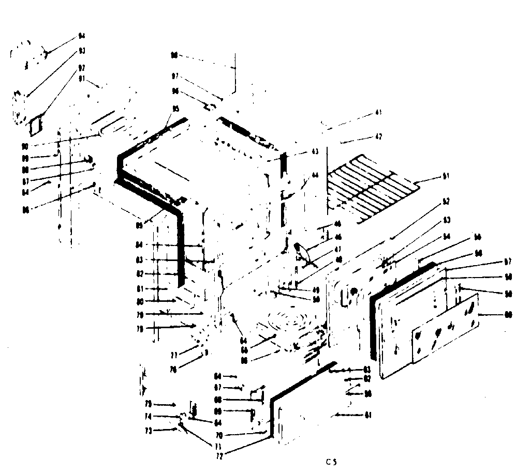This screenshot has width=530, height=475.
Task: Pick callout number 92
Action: click(x=82, y=67)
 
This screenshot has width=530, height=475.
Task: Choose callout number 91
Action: click(x=82, y=79)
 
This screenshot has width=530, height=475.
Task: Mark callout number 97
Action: click(x=175, y=76)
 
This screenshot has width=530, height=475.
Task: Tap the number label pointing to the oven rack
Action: click(x=446, y=177)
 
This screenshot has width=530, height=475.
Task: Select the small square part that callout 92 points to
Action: click(x=35, y=124)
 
